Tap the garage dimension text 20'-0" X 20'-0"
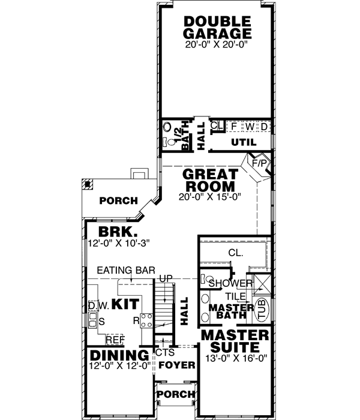pos(217,44)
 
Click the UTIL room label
pos(243,142)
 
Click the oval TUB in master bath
pos(262,311)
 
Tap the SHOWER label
pos(230,283)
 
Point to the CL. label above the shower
pos(235,253)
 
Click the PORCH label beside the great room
pos(118,200)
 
